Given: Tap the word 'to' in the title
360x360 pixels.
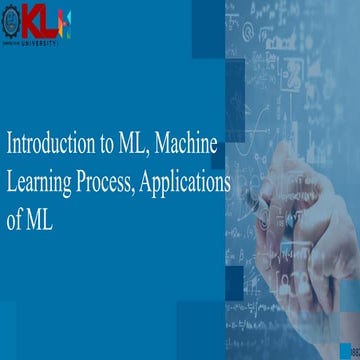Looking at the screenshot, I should tap(107, 144).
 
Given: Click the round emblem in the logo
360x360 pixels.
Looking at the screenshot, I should tap(13, 20).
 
